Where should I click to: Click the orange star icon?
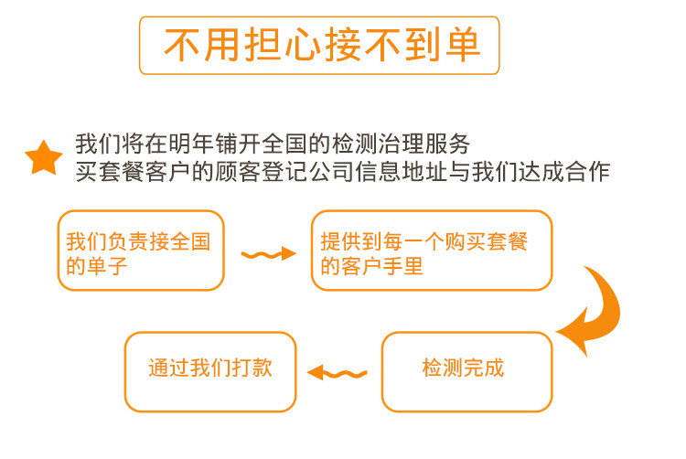[x=43, y=158]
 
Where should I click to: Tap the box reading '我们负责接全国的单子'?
[x=141, y=251]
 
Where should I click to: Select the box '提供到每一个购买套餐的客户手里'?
[x=432, y=251]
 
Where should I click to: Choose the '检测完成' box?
[x=466, y=371]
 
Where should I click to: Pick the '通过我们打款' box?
[x=210, y=371]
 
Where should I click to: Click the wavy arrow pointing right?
[x=268, y=253]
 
